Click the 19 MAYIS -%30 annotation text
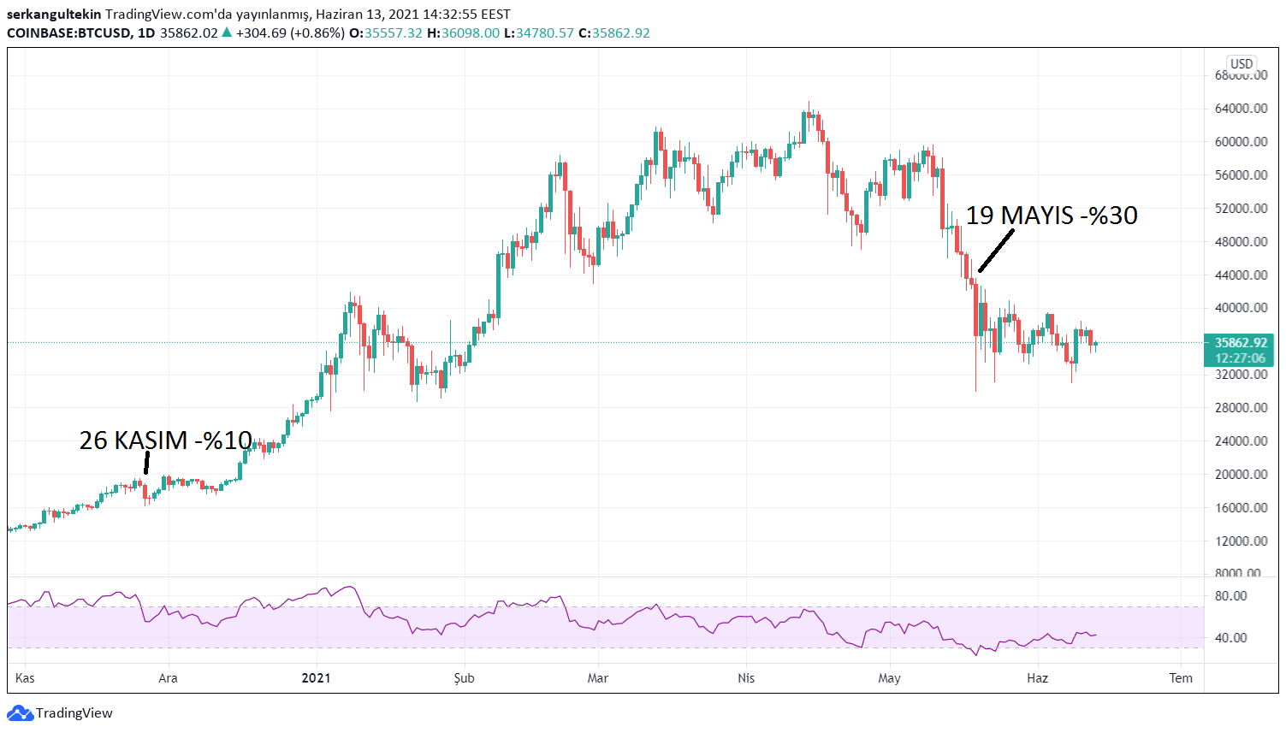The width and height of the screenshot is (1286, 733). (1052, 216)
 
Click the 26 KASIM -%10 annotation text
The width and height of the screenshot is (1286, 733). (165, 440)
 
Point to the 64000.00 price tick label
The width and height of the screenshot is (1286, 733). (1241, 109)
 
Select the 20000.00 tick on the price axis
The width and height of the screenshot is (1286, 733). (1241, 475)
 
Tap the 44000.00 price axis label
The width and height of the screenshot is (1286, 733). (1241, 275)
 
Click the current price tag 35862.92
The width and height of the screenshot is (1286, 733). (1240, 343)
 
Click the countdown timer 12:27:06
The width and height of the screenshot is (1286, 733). (1240, 358)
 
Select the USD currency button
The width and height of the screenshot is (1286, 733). (1242, 63)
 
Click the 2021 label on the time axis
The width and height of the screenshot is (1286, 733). (316, 678)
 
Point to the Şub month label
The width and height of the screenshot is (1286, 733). (464, 678)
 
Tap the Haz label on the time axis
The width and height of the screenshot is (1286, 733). (1037, 678)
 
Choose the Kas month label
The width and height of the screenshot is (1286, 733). (25, 678)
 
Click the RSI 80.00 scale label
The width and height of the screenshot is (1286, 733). (1231, 596)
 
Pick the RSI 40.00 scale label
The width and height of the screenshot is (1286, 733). (1231, 638)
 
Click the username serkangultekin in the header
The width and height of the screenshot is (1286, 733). (54, 15)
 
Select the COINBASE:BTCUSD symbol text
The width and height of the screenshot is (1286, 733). (68, 33)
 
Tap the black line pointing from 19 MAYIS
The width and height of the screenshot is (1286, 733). (996, 251)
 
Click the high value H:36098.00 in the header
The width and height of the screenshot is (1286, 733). (463, 33)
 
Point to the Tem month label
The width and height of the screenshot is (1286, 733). (1181, 678)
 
